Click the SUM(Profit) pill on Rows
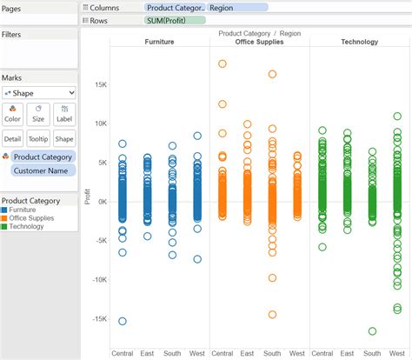coord(175,19)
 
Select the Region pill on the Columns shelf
coord(236,7)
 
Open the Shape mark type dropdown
coord(38,92)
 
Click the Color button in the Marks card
coord(13,114)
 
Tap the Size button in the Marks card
coord(38,114)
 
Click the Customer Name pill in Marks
coord(43,171)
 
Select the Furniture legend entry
coord(29,210)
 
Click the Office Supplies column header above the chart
coord(260,42)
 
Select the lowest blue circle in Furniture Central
coord(123,321)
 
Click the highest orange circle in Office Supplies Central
coord(223,63)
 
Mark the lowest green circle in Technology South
coord(372,331)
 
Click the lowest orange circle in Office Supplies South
coord(272,315)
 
